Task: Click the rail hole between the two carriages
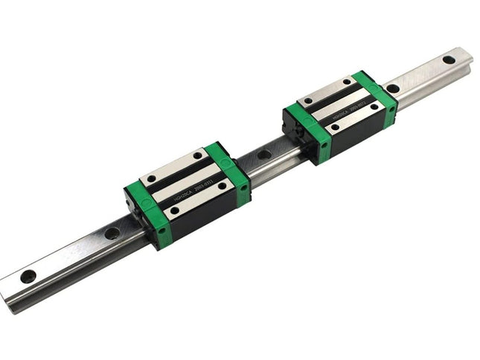(x=263, y=155)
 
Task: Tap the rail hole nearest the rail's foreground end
(x=28, y=276)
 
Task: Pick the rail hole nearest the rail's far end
(x=448, y=60)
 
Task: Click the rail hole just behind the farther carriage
(x=392, y=89)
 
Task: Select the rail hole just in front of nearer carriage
(x=112, y=233)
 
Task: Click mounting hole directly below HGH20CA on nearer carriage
(x=173, y=210)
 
